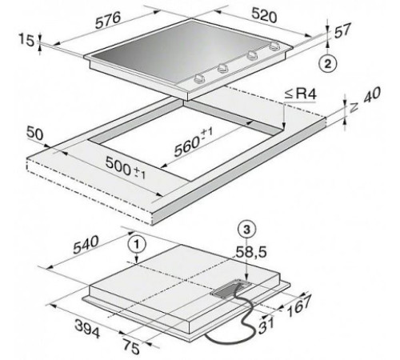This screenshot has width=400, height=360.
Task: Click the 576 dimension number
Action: (x=108, y=20)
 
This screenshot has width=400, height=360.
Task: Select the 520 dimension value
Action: (x=264, y=15)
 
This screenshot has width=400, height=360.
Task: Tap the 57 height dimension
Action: (x=342, y=30)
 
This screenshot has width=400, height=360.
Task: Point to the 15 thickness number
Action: (x=26, y=41)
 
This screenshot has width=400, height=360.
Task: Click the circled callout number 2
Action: (x=328, y=64)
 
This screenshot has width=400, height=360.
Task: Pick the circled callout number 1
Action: (x=137, y=244)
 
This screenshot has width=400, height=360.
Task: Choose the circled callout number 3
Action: (x=246, y=230)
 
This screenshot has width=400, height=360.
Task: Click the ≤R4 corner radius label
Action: (x=300, y=94)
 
